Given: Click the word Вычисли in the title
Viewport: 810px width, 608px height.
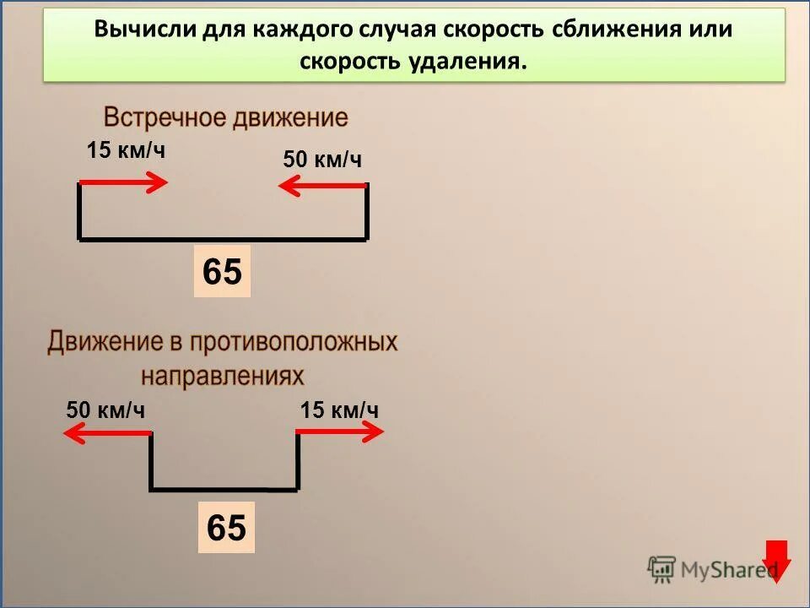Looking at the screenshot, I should (144, 29).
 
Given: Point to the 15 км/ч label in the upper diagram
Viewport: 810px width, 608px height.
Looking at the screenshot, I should (126, 152).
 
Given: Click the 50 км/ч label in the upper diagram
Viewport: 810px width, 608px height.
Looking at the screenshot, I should (322, 160).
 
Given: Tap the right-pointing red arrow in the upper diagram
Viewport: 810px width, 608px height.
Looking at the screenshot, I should (124, 182).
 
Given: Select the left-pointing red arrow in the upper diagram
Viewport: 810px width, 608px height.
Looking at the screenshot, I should (321, 185).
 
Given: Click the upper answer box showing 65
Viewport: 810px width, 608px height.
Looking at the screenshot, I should (222, 272).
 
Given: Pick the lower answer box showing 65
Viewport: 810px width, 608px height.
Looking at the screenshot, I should (226, 528).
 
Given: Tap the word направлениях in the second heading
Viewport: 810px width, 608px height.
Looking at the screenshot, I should (222, 374).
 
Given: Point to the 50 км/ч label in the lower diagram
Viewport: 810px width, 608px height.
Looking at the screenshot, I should (105, 410).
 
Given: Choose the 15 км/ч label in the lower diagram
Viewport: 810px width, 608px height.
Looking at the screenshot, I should (339, 410).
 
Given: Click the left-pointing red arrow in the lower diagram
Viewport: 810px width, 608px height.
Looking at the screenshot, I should (107, 433).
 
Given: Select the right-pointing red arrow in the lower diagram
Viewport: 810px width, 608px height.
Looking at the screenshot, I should (339, 432).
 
